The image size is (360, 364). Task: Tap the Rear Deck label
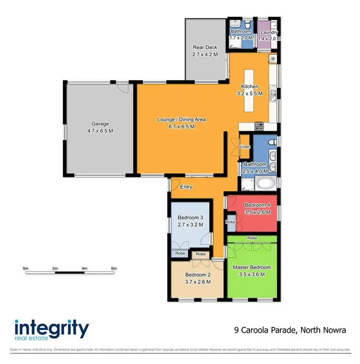click(205, 48)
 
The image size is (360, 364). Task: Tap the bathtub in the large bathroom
click(265, 183)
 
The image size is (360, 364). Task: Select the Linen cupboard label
click(245, 146)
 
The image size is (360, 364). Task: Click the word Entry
click(186, 187)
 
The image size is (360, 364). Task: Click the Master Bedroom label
click(252, 267)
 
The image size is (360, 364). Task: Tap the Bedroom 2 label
click(198, 275)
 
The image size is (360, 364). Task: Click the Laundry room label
click(268, 32)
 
